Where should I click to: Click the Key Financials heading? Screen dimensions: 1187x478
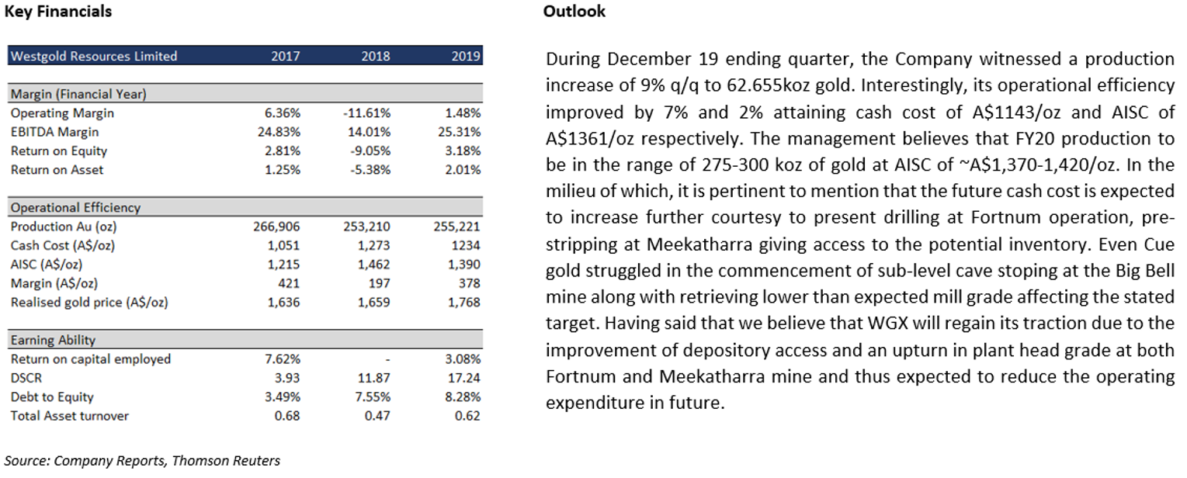tap(57, 12)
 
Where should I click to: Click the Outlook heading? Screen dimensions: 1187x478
tap(574, 12)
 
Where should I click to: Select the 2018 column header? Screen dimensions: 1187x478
tap(375, 56)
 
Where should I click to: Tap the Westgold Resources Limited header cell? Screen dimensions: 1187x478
tap(94, 56)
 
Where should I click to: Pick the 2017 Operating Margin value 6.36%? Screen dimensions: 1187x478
tap(283, 113)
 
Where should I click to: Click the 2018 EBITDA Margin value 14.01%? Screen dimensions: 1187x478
tap(369, 132)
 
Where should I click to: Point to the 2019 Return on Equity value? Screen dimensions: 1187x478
tap(463, 151)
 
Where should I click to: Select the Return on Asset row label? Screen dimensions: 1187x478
tap(57, 170)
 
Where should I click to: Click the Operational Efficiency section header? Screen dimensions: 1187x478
tap(75, 208)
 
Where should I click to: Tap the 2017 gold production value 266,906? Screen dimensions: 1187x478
tap(276, 227)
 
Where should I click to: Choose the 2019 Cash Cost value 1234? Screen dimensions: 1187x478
tap(465, 245)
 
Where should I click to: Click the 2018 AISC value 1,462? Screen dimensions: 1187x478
tap(373, 265)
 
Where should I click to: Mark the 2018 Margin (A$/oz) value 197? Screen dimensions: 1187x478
tap(380, 283)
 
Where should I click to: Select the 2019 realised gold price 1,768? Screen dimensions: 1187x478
tap(463, 303)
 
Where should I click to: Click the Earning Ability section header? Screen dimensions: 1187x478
tap(53, 340)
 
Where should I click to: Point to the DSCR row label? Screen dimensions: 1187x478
tap(26, 379)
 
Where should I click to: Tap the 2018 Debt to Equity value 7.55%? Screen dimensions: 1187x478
tap(373, 397)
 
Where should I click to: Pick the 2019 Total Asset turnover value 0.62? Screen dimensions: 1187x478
tap(467, 416)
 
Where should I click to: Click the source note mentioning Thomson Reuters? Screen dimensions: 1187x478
tap(142, 461)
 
